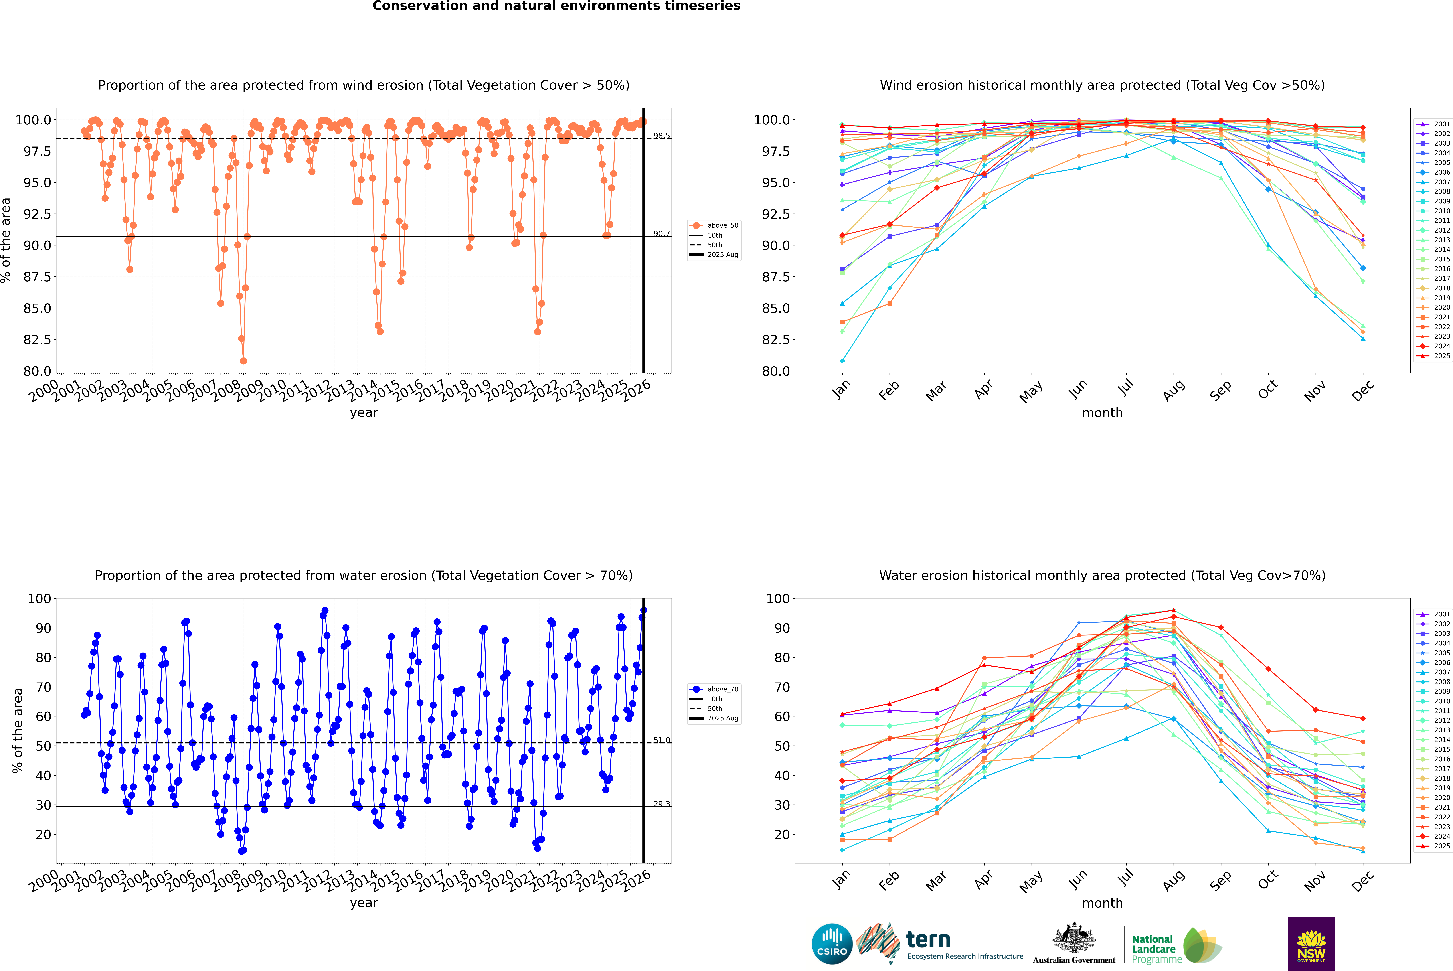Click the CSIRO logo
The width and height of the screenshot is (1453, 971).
[832, 944]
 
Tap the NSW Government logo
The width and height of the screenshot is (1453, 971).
[1311, 944]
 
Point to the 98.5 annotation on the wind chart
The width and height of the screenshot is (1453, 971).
[661, 136]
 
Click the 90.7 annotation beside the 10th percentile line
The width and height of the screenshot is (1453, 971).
[661, 233]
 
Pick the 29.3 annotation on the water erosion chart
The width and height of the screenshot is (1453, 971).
[661, 804]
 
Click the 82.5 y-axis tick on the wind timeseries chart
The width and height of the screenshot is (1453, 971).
[37, 339]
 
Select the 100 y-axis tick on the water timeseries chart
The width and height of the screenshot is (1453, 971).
[39, 598]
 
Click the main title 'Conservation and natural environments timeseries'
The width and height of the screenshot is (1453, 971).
[556, 6]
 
